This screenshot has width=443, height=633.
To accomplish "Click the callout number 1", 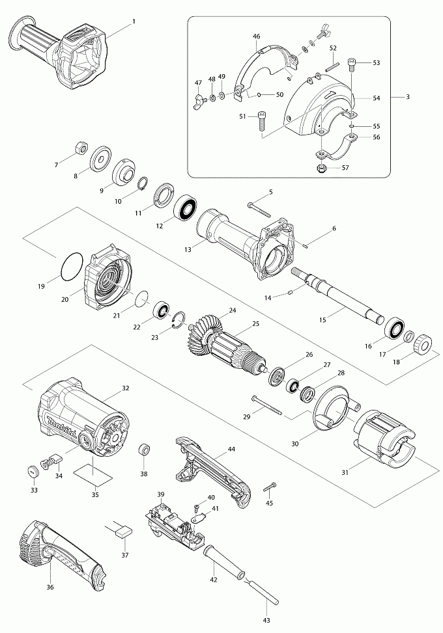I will [134, 22].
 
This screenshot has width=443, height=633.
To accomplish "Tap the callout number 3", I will [407, 97].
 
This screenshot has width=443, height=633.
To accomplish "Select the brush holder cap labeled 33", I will [31, 470].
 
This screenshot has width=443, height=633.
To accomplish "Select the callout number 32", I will [125, 388].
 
